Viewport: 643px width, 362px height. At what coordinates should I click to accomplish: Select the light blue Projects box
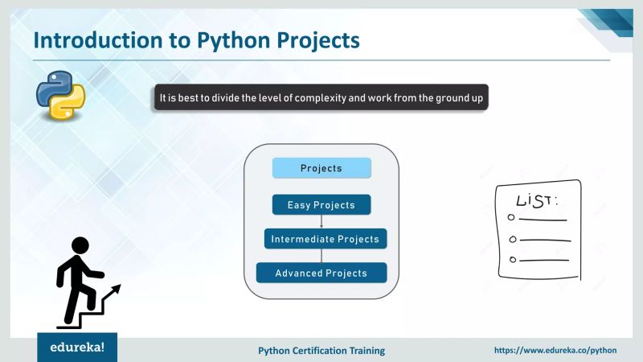coord(321,168)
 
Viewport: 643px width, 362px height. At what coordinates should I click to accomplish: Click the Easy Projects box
coord(321,205)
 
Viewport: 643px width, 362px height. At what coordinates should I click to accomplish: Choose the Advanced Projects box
coord(321,273)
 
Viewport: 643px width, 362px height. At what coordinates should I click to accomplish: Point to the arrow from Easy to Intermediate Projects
coord(321,222)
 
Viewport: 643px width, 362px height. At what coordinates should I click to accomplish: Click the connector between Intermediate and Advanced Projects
coord(321,256)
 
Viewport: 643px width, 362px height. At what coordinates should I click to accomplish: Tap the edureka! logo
coord(77,349)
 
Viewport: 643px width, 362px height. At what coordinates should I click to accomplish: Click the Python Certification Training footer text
coord(321,351)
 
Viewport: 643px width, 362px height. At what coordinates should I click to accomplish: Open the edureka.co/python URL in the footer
coord(555,351)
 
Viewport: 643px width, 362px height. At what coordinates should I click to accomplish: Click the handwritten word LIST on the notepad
coord(536,200)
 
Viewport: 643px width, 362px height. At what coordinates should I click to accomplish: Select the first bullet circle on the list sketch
coord(511,218)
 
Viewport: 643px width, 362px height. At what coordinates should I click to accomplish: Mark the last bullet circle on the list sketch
coord(512,259)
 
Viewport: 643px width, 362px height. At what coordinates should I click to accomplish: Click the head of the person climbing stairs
coord(80,245)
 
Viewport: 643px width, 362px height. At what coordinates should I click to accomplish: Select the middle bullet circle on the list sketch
coord(511,238)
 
